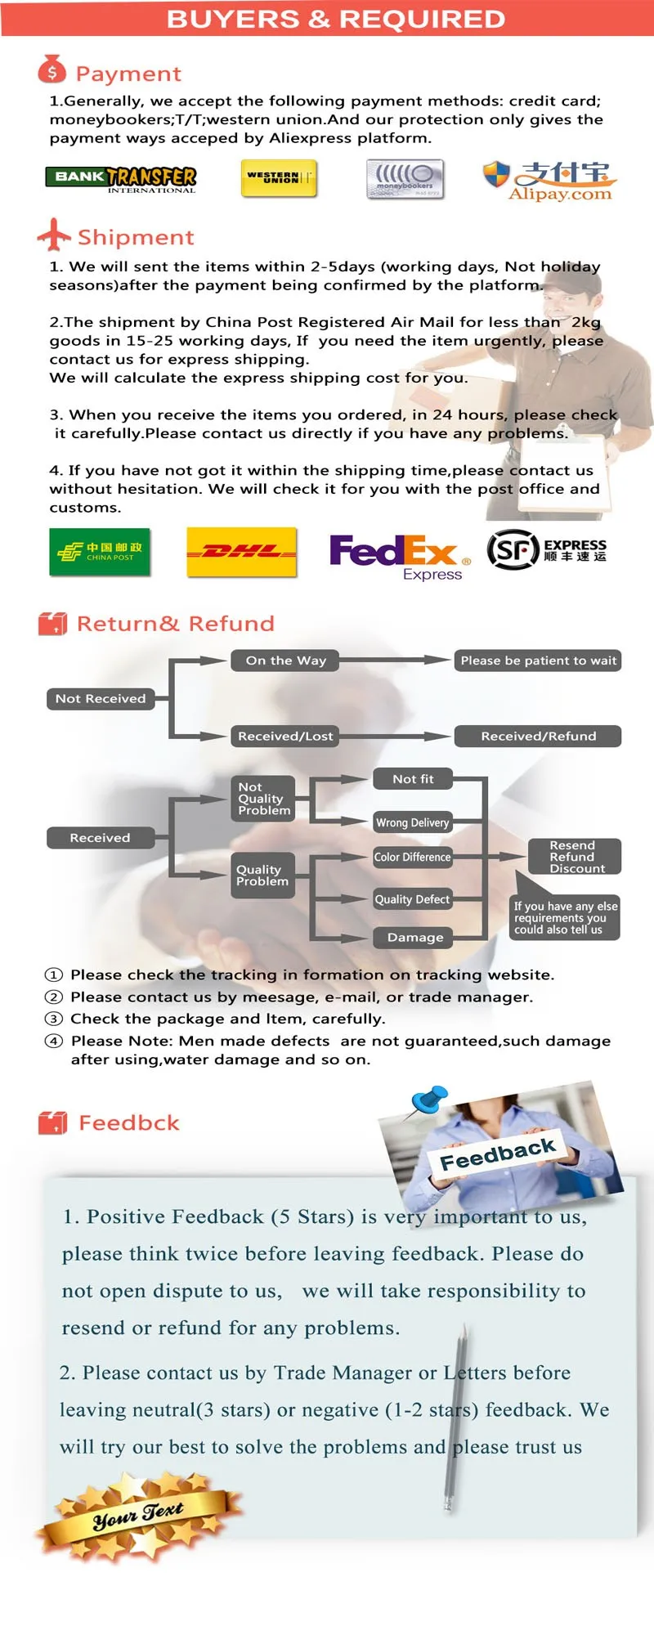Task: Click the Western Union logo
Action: click(279, 177)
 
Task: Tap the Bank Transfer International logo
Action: click(121, 179)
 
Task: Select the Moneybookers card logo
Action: click(405, 179)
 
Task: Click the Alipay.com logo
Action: click(549, 181)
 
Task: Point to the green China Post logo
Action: click(100, 552)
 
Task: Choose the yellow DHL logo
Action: click(242, 552)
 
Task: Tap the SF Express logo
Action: click(547, 549)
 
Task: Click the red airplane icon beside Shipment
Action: click(54, 235)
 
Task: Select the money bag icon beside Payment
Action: click(52, 69)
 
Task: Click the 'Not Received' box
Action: click(101, 699)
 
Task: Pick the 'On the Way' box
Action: click(286, 661)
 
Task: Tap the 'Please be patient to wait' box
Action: click(538, 661)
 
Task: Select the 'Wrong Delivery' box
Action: click(413, 822)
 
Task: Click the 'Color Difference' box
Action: click(413, 857)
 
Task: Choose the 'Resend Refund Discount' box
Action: click(574, 857)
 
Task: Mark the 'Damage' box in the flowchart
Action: click(413, 938)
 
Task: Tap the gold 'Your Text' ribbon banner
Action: click(139, 1516)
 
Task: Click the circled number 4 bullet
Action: click(54, 1041)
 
